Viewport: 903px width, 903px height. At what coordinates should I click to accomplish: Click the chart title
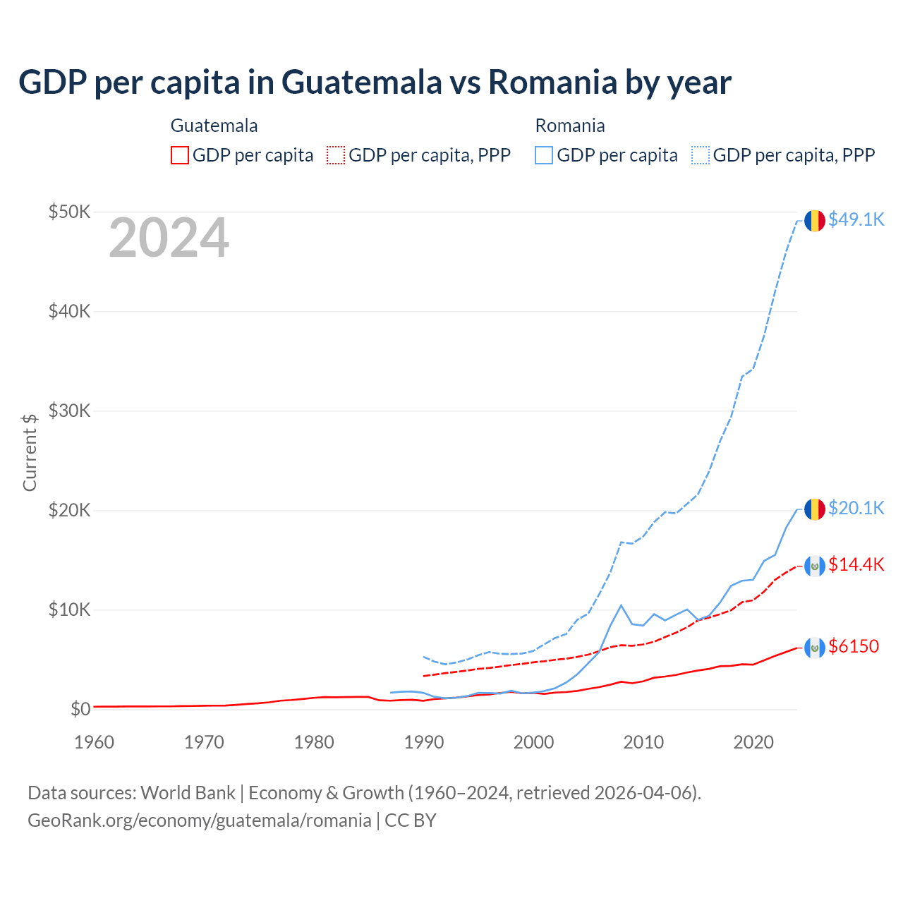[375, 83]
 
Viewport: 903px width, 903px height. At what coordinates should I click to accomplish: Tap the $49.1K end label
[856, 219]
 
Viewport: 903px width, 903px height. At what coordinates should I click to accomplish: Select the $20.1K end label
[856, 508]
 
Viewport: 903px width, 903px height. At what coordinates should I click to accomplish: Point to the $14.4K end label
[856, 564]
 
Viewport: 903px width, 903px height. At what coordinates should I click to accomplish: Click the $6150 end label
[854, 646]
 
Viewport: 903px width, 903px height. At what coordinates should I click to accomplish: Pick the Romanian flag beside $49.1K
[815, 220]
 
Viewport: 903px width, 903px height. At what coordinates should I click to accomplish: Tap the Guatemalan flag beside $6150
[815, 647]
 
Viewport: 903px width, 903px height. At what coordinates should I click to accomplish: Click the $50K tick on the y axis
[69, 212]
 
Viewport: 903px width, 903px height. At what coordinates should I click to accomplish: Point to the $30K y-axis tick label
[69, 411]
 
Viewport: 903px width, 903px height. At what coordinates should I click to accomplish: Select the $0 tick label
[80, 709]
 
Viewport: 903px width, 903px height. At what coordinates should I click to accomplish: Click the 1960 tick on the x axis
[94, 742]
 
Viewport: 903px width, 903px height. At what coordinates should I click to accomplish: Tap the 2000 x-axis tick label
[533, 742]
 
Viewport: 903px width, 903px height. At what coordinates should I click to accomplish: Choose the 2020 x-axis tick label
[753, 742]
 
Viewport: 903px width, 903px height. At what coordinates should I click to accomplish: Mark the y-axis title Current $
[30, 452]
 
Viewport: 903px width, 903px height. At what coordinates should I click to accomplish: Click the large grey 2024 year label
[169, 238]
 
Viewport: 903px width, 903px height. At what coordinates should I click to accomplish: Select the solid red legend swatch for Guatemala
[180, 155]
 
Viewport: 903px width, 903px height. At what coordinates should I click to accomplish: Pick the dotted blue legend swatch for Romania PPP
[701, 155]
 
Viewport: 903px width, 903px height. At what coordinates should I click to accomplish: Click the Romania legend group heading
[570, 126]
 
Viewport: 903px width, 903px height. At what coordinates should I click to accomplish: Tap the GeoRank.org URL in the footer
[200, 820]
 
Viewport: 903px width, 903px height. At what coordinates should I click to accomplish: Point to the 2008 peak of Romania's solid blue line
[621, 605]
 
